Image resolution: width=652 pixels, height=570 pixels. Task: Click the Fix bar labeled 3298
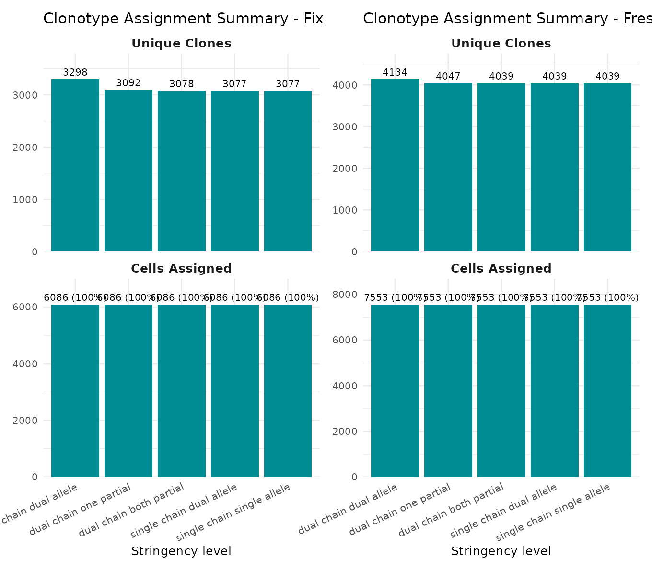coord(75,165)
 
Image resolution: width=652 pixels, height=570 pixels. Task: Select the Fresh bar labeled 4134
coord(395,165)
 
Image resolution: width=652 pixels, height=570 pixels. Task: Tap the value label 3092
coord(128,83)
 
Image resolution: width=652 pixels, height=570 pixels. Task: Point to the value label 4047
coord(448,76)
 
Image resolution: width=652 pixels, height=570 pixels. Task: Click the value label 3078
coord(182,84)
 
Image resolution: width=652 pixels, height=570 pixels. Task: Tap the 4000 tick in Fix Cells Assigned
coord(28,364)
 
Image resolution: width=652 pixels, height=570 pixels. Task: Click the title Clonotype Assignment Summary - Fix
coord(183,19)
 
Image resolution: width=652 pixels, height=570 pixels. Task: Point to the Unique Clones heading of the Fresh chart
coord(501,44)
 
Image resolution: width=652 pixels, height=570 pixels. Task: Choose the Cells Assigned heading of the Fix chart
coord(181,269)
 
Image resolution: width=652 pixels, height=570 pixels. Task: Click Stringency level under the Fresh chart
coord(501,551)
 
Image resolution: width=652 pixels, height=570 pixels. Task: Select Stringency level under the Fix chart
coord(181,551)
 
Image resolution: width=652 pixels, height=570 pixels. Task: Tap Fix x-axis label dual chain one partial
coord(81,510)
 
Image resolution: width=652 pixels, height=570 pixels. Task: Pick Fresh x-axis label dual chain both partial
coord(452,510)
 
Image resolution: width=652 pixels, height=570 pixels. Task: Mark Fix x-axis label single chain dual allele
coord(184,510)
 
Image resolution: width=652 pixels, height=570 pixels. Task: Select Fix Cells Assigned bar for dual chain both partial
coord(182,390)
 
